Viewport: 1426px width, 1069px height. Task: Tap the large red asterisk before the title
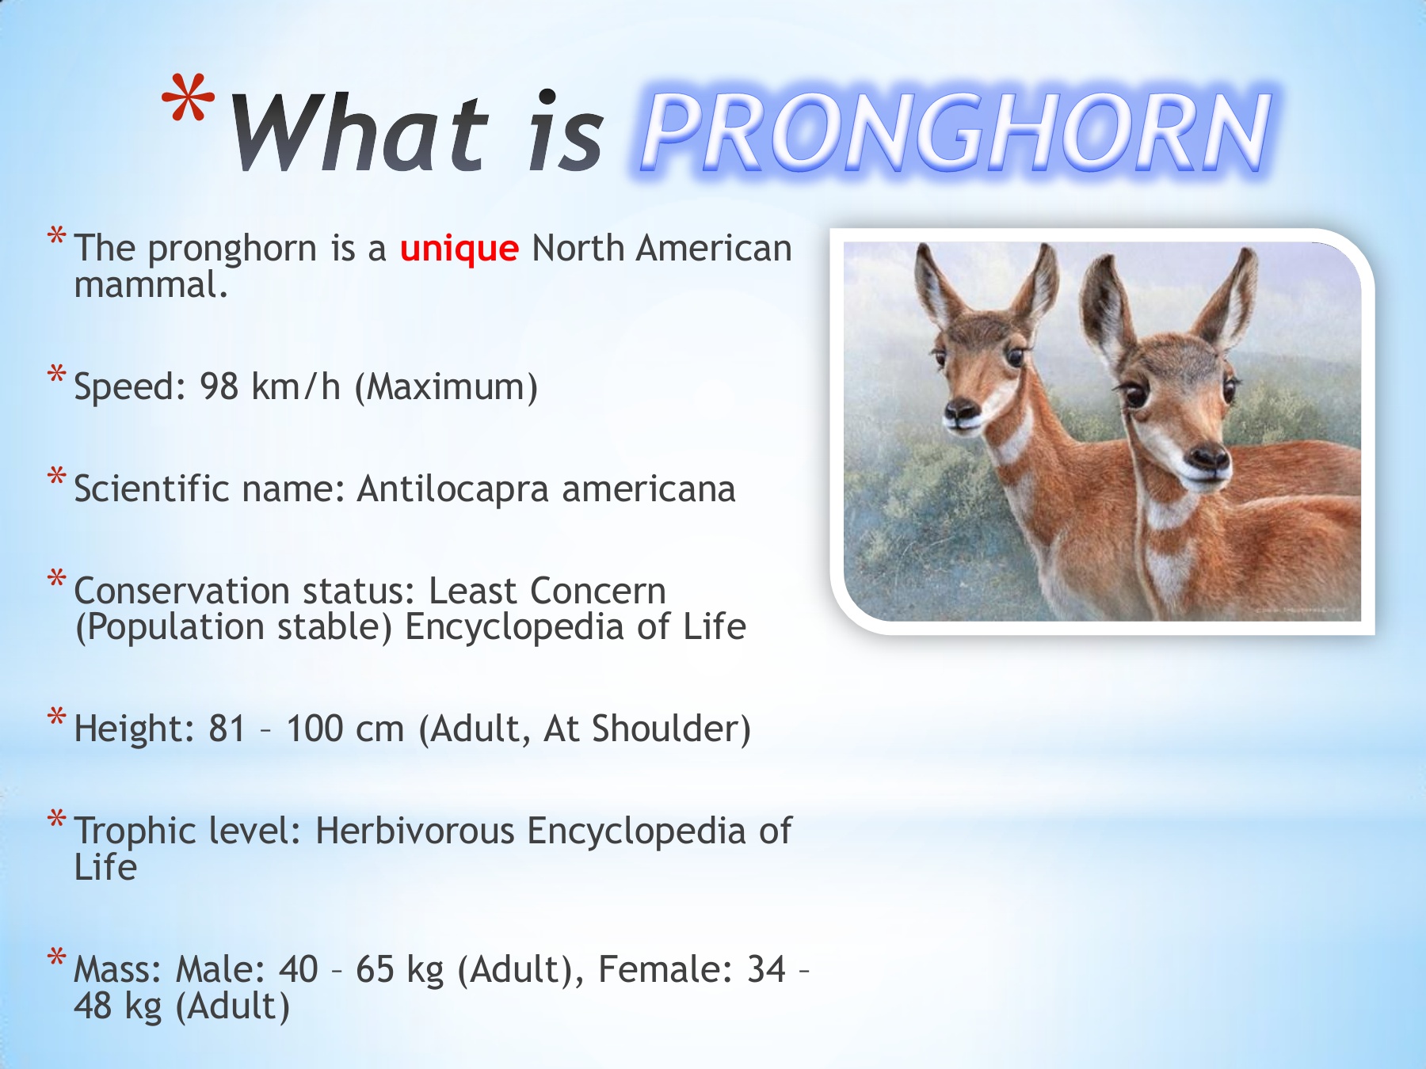(188, 100)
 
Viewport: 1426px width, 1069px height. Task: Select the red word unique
(459, 249)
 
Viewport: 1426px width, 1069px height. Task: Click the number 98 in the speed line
(219, 387)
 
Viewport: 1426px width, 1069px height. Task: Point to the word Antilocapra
(452, 489)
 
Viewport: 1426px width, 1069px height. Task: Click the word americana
(649, 489)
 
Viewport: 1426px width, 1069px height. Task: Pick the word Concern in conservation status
(598, 591)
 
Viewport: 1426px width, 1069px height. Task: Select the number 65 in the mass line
(375, 969)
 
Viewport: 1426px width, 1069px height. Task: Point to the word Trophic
(135, 832)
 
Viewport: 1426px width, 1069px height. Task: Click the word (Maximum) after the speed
(446, 387)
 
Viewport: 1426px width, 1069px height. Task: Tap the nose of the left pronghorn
(962, 410)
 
